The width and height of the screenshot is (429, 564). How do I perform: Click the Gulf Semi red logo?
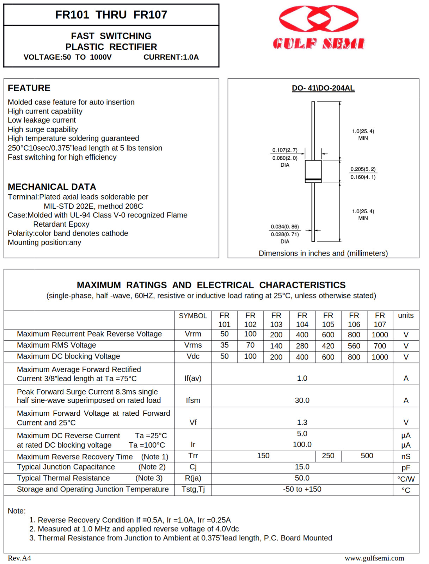[319, 27]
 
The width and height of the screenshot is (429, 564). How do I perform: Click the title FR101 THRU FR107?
[111, 15]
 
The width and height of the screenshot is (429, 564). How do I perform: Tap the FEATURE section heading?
[29, 88]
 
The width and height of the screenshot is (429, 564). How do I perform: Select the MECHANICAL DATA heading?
[52, 187]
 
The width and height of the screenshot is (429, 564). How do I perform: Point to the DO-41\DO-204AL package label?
[323, 88]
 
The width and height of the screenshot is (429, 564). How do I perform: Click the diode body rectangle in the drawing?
[313, 171]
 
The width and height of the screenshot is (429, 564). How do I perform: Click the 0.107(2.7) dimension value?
[285, 150]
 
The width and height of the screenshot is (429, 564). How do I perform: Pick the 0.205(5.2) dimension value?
[363, 169]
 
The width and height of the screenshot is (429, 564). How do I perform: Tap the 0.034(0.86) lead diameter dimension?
[284, 227]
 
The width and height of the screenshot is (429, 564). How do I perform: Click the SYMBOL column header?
[193, 316]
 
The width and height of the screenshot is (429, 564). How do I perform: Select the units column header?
[406, 315]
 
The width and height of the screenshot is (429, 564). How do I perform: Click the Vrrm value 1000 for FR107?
[380, 335]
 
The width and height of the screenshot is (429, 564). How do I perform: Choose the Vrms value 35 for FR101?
[224, 345]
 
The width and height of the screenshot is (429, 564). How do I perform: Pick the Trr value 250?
[328, 456]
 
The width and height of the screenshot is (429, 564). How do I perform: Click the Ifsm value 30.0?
[302, 400]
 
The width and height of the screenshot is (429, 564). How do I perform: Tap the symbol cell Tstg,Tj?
[193, 489]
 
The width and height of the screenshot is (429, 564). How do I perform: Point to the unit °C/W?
[406, 479]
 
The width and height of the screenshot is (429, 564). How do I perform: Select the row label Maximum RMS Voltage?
[56, 345]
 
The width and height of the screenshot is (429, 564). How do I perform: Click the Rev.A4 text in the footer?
[19, 558]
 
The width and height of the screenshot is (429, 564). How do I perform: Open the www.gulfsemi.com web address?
[374, 558]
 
